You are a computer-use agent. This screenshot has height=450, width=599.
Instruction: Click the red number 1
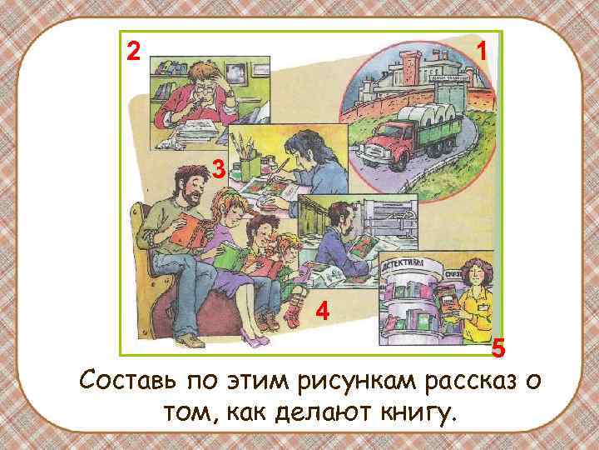coord(480,52)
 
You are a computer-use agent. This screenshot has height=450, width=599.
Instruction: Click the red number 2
coord(131,52)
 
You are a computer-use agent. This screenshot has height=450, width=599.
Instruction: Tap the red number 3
coord(218,171)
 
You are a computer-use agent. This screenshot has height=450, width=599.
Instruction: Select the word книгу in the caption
coord(413,411)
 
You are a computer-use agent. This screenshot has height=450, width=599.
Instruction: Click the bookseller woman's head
coord(473,272)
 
